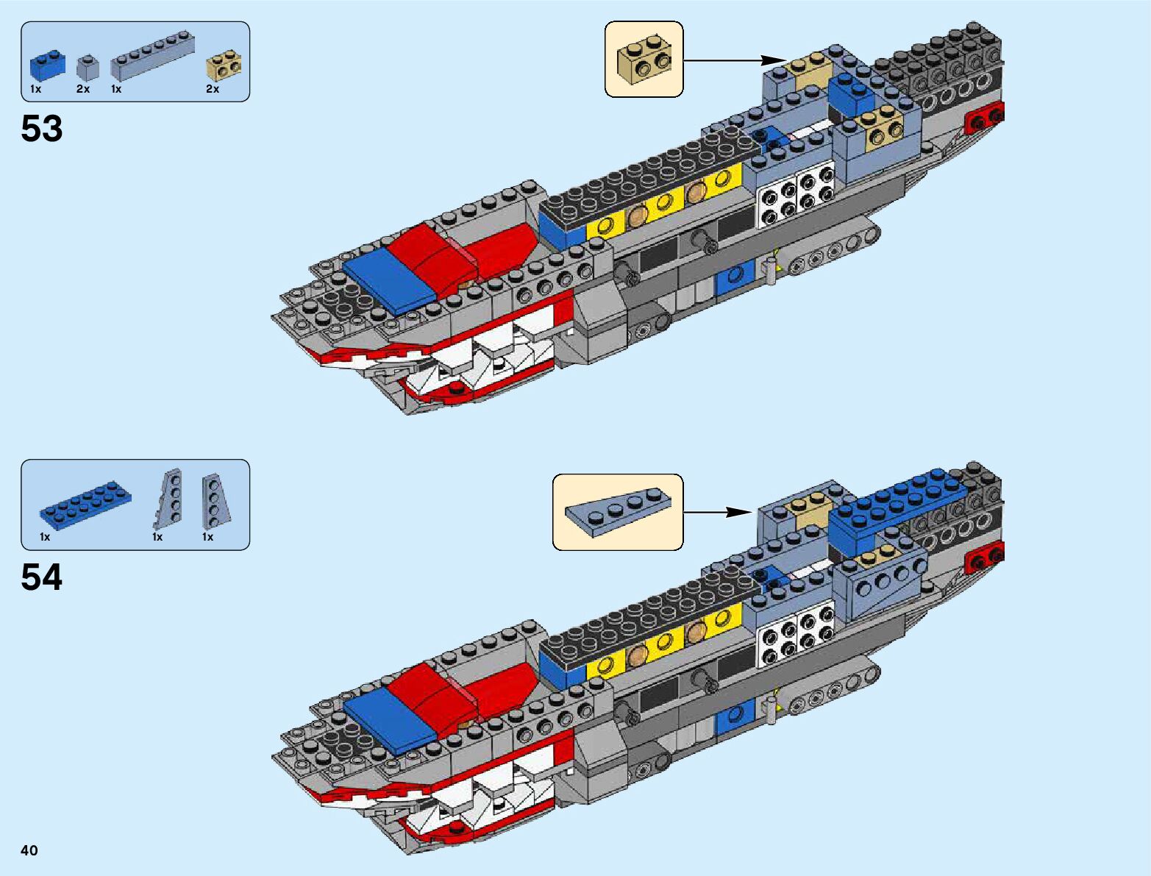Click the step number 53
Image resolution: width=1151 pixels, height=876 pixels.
click(42, 129)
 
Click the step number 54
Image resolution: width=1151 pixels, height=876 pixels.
click(42, 577)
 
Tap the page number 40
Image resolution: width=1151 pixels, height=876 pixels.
click(29, 850)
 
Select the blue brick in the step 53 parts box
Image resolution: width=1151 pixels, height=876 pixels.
click(47, 65)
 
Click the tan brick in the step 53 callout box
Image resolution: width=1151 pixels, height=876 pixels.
click(645, 60)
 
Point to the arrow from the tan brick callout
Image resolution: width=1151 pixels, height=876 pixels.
click(735, 60)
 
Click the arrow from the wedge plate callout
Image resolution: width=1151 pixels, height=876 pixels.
click(718, 512)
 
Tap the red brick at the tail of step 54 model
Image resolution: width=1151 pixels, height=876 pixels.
click(986, 558)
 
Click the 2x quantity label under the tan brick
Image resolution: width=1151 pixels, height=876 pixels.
click(213, 89)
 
